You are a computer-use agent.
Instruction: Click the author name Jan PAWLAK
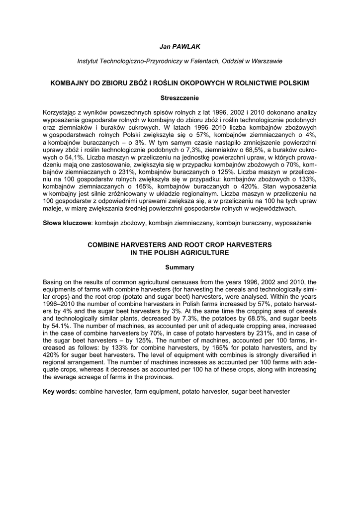click(x=180, y=46)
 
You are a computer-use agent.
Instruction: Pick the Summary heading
click(x=180, y=267)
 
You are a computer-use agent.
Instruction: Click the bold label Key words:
click(x=60, y=392)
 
